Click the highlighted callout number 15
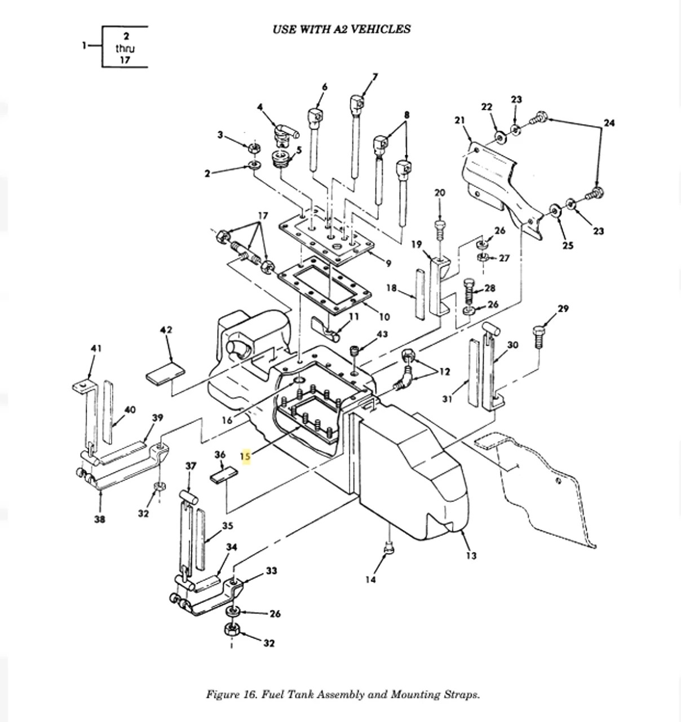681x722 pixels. pos(246,456)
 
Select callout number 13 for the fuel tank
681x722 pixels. pos(471,556)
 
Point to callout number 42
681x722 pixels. pos(166,330)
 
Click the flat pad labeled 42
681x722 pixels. pos(165,373)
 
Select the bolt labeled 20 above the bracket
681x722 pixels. pos(440,229)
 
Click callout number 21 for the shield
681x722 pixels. pos(459,120)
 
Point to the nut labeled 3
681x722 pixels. pos(254,148)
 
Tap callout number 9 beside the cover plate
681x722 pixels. pos(388,263)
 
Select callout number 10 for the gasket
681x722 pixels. pos(384,317)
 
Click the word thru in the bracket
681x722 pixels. pos(125,49)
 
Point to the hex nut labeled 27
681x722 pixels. pos(483,258)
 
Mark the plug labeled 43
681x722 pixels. pos(354,351)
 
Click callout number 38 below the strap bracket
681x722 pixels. pos(100,519)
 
